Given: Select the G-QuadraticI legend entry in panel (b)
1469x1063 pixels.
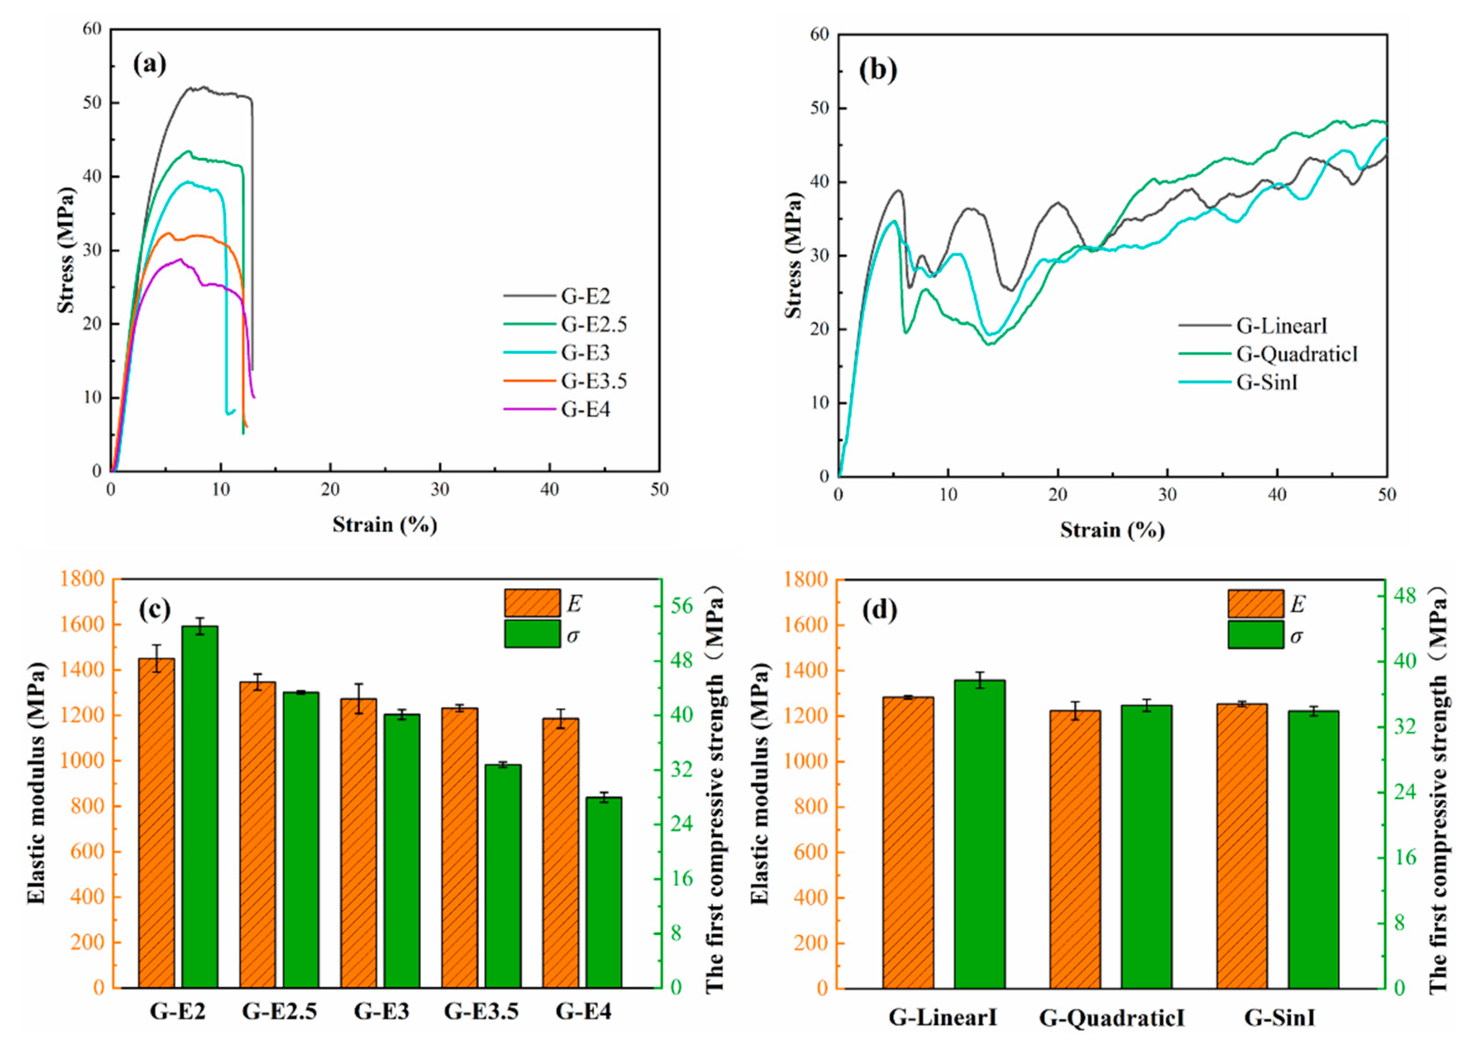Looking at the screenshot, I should [x=1296, y=354].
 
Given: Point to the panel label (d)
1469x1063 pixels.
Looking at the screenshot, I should [x=879, y=610].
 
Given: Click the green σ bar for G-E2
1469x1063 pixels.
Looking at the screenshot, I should [x=200, y=806].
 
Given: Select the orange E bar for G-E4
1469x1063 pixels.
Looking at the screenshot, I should [x=560, y=853].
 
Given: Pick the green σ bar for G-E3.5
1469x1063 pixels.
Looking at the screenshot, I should [x=503, y=875].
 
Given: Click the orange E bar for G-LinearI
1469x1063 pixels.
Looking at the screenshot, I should [x=908, y=842].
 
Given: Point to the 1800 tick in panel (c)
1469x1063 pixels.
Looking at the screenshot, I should [x=82, y=579].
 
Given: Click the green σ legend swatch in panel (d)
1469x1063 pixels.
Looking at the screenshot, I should [x=1255, y=634].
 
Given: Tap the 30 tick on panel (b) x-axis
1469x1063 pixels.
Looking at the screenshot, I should [x=1167, y=495].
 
